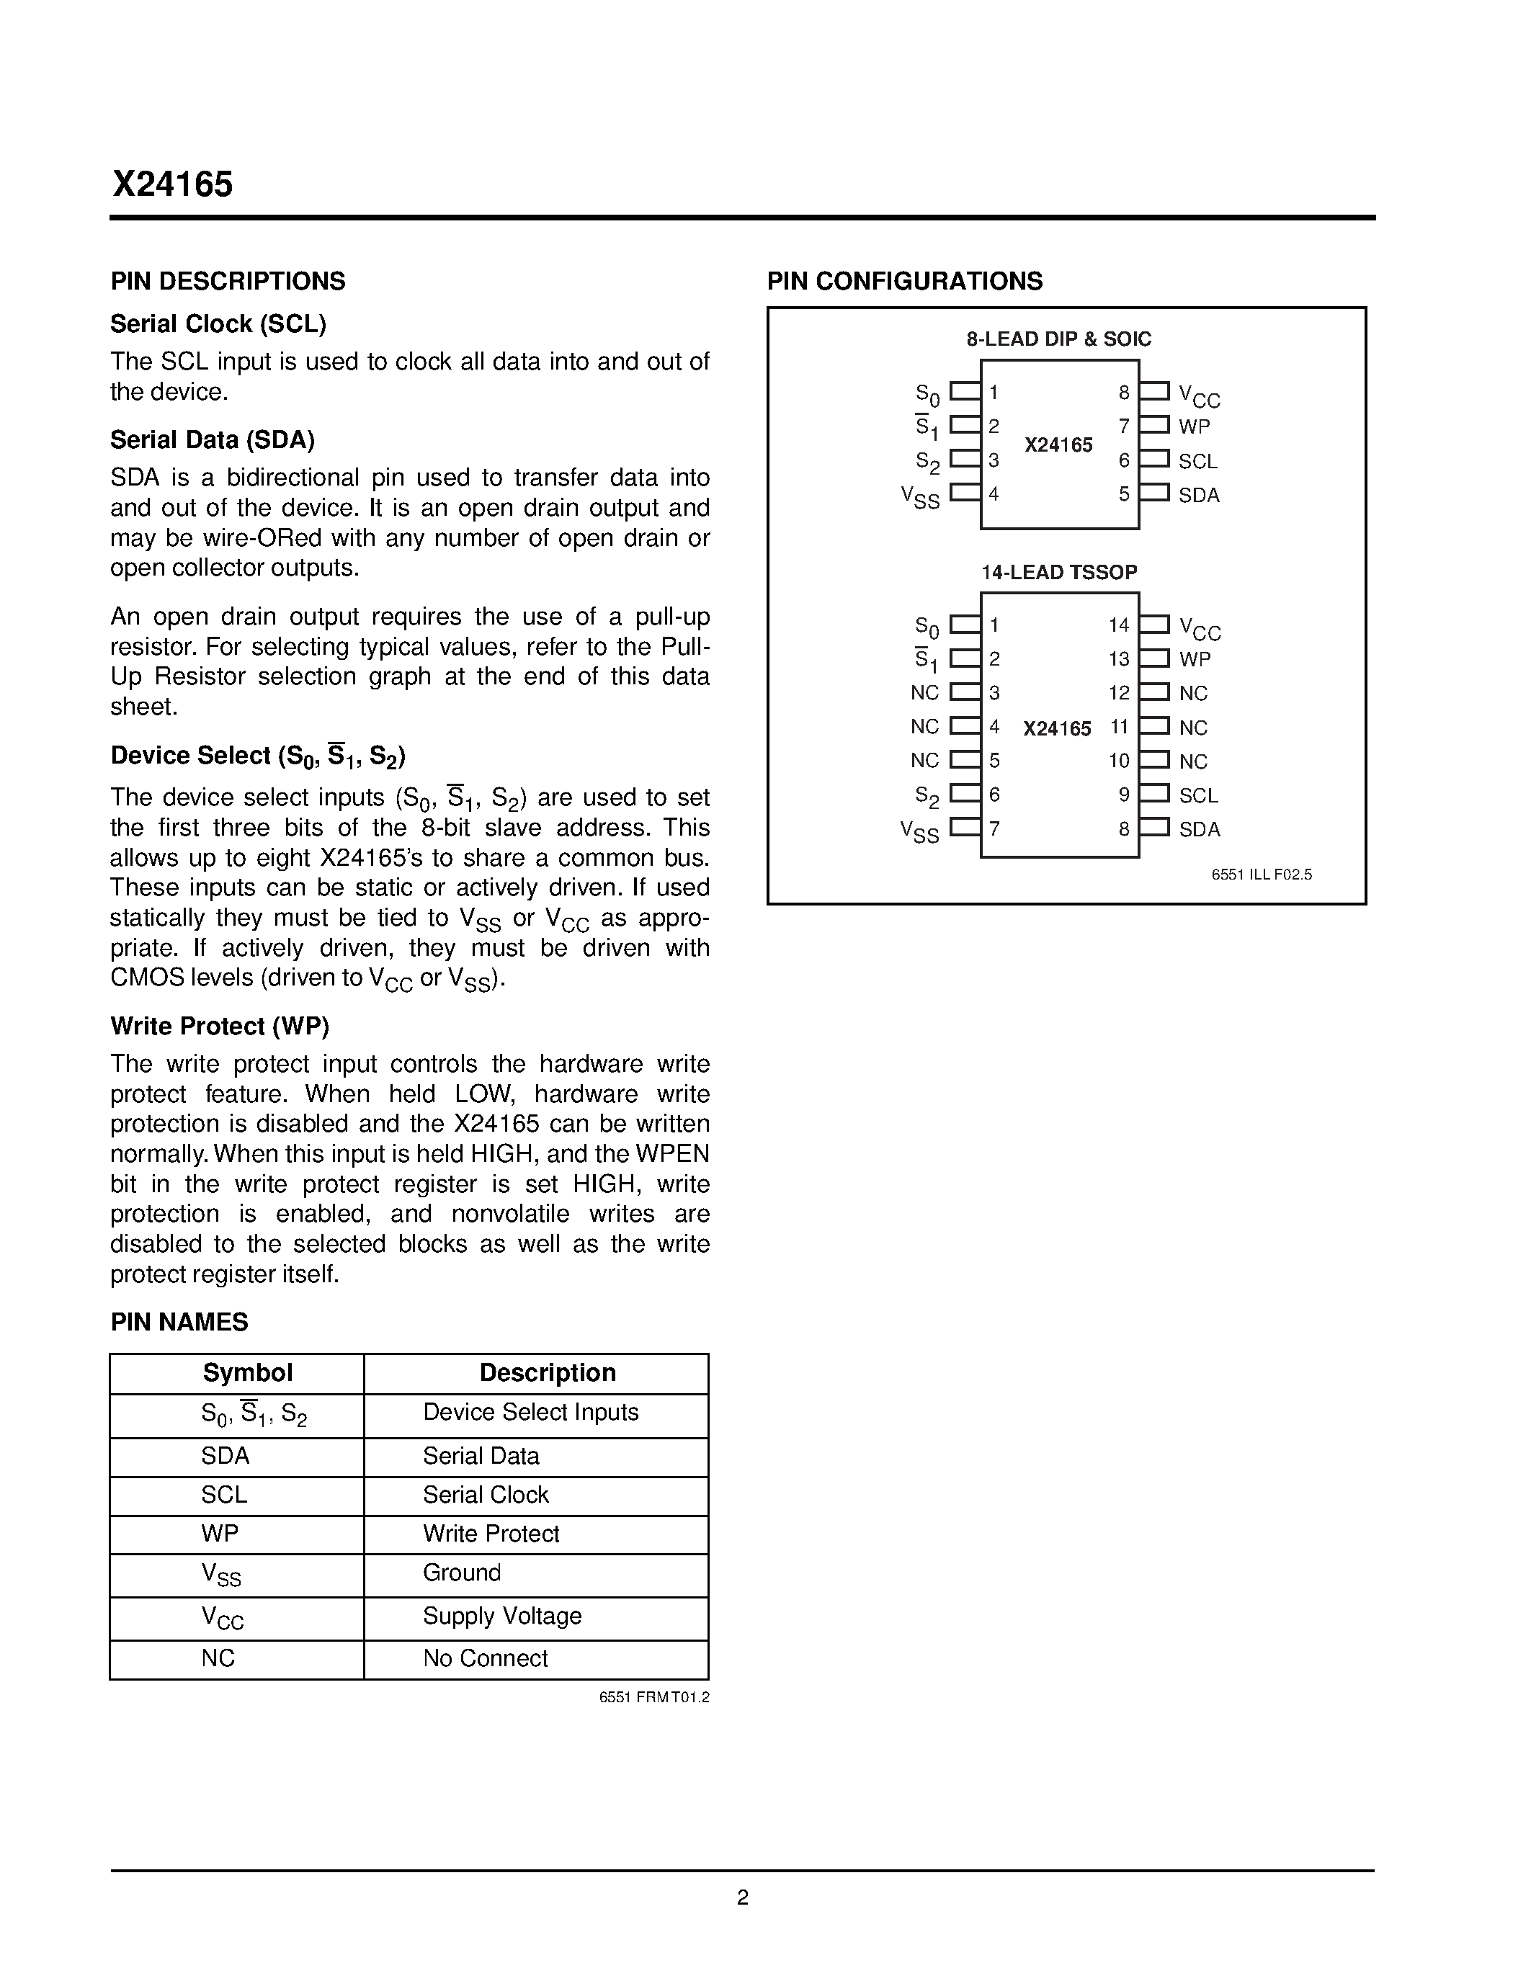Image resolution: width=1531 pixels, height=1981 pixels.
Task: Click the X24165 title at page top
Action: (x=172, y=185)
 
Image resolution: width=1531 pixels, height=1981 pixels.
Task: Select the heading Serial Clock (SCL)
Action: (x=218, y=324)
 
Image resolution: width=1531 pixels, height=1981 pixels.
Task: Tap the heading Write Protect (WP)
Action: (x=220, y=1026)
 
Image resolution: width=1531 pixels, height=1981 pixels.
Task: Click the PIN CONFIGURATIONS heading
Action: (x=904, y=281)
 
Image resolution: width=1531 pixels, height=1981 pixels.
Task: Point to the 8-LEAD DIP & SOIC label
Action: (x=1058, y=339)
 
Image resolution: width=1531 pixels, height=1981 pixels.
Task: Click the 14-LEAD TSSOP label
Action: (x=1058, y=573)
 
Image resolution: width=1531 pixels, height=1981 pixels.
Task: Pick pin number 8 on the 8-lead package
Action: (x=1124, y=393)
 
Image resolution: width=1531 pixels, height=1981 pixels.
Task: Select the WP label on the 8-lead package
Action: (x=1194, y=426)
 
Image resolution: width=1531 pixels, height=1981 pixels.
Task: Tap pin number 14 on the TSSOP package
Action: (x=1118, y=625)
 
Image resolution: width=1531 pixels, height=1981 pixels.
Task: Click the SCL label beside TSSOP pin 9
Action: (x=1198, y=795)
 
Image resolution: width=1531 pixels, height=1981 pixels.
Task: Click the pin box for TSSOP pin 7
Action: (x=964, y=827)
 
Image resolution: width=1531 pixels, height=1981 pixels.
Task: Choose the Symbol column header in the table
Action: (x=246, y=1373)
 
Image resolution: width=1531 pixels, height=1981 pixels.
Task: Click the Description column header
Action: (x=547, y=1373)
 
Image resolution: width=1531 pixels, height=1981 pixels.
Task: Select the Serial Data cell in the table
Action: (x=481, y=1457)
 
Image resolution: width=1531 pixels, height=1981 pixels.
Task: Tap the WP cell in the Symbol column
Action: (x=220, y=1534)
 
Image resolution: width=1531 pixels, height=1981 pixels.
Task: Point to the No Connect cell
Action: (x=486, y=1659)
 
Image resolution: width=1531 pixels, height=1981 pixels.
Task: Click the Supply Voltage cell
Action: (x=501, y=1616)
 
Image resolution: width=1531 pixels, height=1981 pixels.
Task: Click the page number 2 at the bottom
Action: (x=742, y=1897)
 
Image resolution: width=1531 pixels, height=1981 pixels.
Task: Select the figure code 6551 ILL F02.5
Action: (x=1261, y=875)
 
